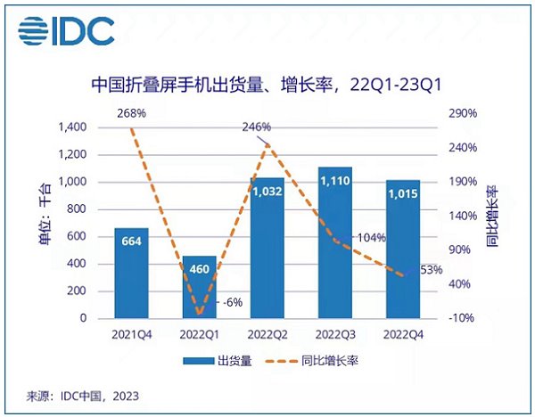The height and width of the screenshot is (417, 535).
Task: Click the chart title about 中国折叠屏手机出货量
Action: tap(267, 86)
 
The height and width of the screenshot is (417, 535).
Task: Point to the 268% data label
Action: tap(131, 113)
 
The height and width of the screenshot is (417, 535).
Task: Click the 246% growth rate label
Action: tap(255, 127)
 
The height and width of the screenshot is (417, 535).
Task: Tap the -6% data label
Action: tap(234, 302)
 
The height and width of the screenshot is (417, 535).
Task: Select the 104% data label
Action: tap(371, 238)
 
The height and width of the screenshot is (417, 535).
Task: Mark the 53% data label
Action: tap(431, 270)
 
